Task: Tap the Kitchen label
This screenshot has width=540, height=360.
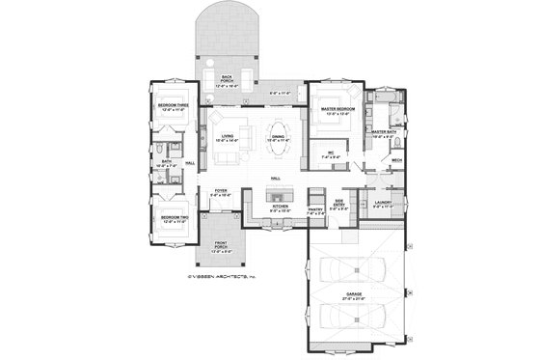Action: tap(280, 206)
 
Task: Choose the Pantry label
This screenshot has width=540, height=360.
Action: tap(315, 208)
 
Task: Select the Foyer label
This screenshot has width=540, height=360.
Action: tap(221, 192)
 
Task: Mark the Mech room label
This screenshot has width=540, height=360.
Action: tap(396, 161)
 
